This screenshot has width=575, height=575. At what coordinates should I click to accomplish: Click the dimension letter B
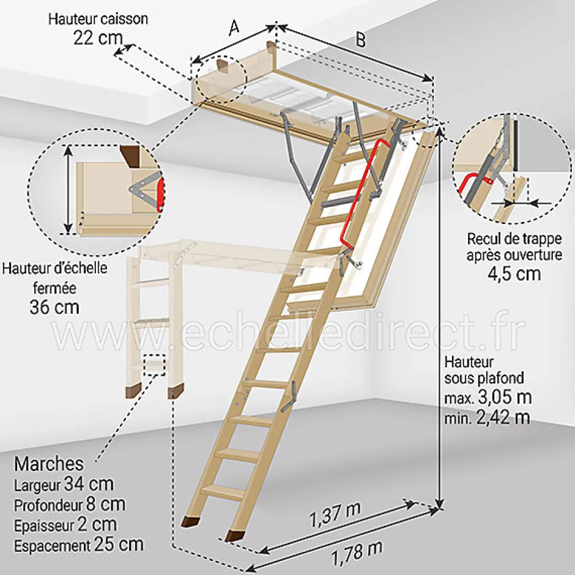[x=361, y=40]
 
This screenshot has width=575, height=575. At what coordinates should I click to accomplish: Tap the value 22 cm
[x=98, y=38]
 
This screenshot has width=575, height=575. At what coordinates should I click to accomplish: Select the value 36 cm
[x=54, y=306]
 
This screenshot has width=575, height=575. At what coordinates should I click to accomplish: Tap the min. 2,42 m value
[x=488, y=418]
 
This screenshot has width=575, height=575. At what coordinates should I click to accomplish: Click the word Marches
[x=49, y=463]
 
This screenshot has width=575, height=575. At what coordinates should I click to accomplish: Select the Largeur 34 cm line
[x=64, y=484]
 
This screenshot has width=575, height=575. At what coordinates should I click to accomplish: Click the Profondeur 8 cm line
[x=69, y=505]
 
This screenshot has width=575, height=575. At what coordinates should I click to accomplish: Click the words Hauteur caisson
[x=98, y=18]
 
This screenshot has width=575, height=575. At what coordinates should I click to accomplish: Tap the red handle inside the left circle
[x=160, y=193]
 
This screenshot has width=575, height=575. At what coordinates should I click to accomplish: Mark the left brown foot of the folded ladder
[x=132, y=391]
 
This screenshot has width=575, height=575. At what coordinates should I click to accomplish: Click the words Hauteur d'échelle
[x=54, y=268]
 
